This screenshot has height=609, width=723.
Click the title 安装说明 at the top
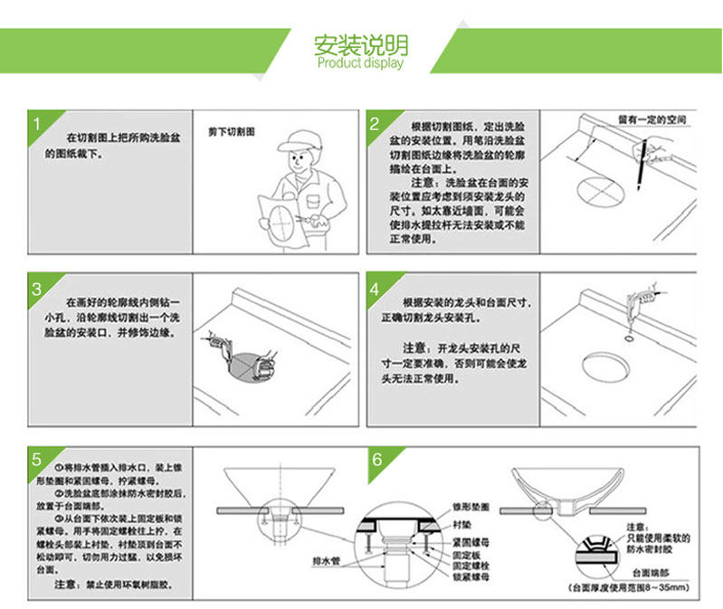pos(360,44)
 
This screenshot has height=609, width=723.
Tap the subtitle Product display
pos(360,63)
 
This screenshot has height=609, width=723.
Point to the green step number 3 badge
pos(38,290)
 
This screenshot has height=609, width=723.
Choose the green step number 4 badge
pos(375,290)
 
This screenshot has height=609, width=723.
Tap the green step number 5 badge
pos(38,458)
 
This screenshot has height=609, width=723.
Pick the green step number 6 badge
pos(375,458)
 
